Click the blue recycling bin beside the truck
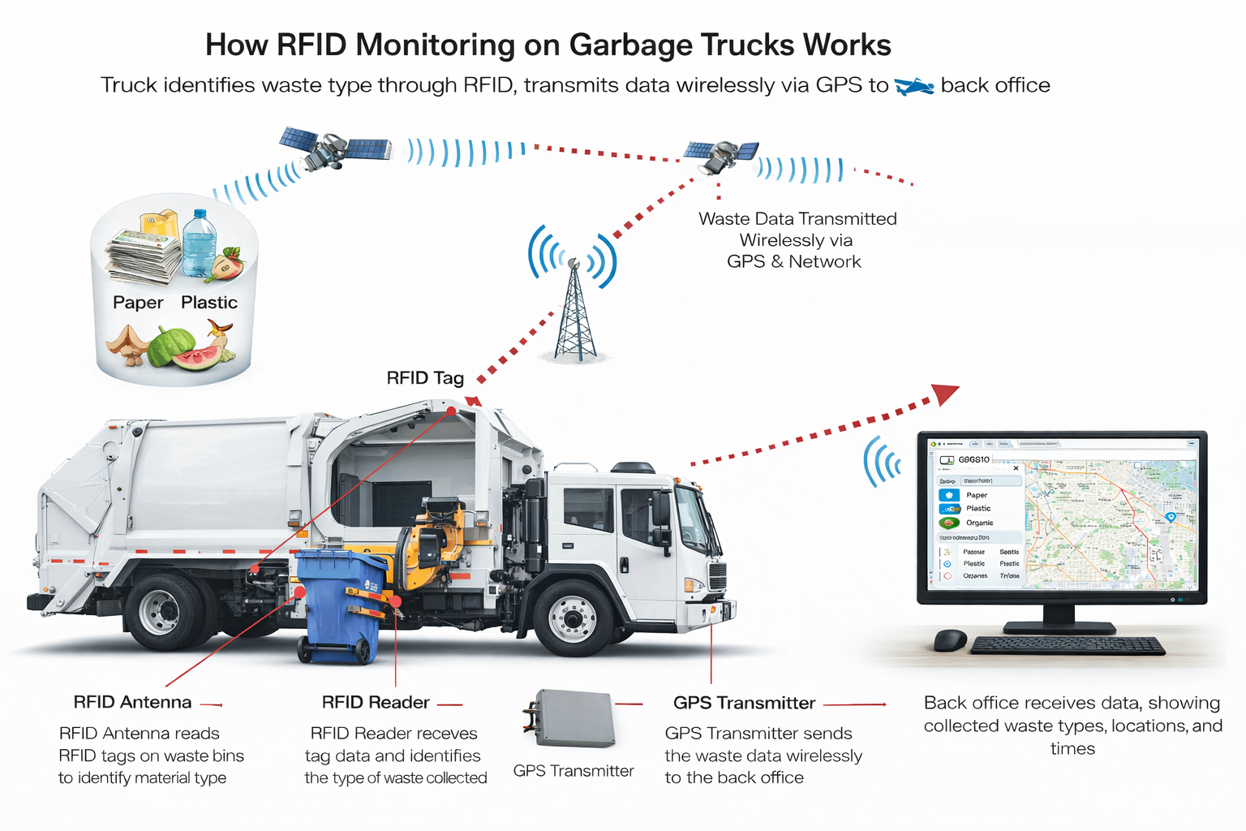tap(339, 605)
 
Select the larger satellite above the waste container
tap(333, 148)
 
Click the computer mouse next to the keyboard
tap(950, 640)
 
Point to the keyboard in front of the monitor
tap(1067, 646)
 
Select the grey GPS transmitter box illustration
tap(573, 718)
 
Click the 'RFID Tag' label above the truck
tap(425, 378)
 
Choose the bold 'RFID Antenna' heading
tap(132, 703)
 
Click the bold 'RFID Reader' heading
tap(376, 703)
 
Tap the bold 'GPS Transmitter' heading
tap(744, 703)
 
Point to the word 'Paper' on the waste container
tap(138, 303)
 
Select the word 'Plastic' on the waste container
tap(209, 303)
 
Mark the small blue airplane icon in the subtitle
tap(914, 86)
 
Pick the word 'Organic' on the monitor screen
tap(979, 523)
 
